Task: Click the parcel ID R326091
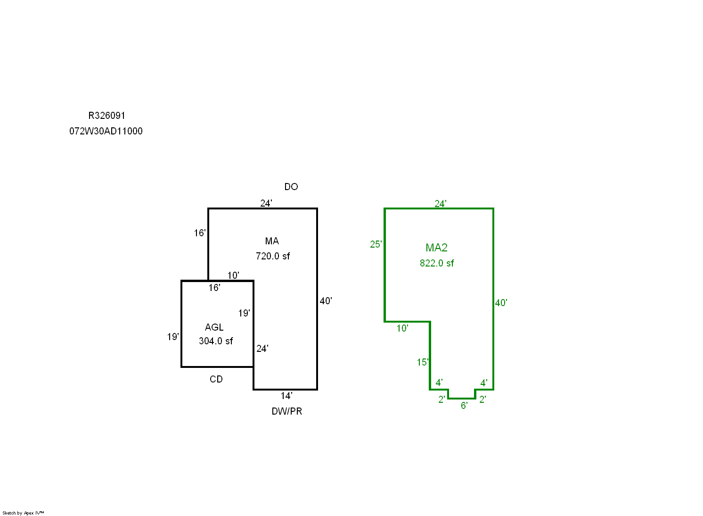[106, 116]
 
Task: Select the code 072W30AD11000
[106, 131]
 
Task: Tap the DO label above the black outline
[291, 187]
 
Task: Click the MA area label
[272, 241]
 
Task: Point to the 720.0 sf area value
[273, 256]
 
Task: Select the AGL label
[214, 327]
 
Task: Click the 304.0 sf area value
[216, 341]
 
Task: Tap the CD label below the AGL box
[216, 379]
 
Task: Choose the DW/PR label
[287, 411]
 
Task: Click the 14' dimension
[286, 396]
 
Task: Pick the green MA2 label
[437, 248]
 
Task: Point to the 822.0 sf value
[437, 263]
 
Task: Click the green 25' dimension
[376, 244]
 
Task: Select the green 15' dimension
[423, 362]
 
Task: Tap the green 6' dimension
[464, 406]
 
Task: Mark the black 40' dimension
[326, 301]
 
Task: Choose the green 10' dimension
[402, 328]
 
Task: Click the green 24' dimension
[441, 204]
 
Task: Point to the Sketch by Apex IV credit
[23, 513]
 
